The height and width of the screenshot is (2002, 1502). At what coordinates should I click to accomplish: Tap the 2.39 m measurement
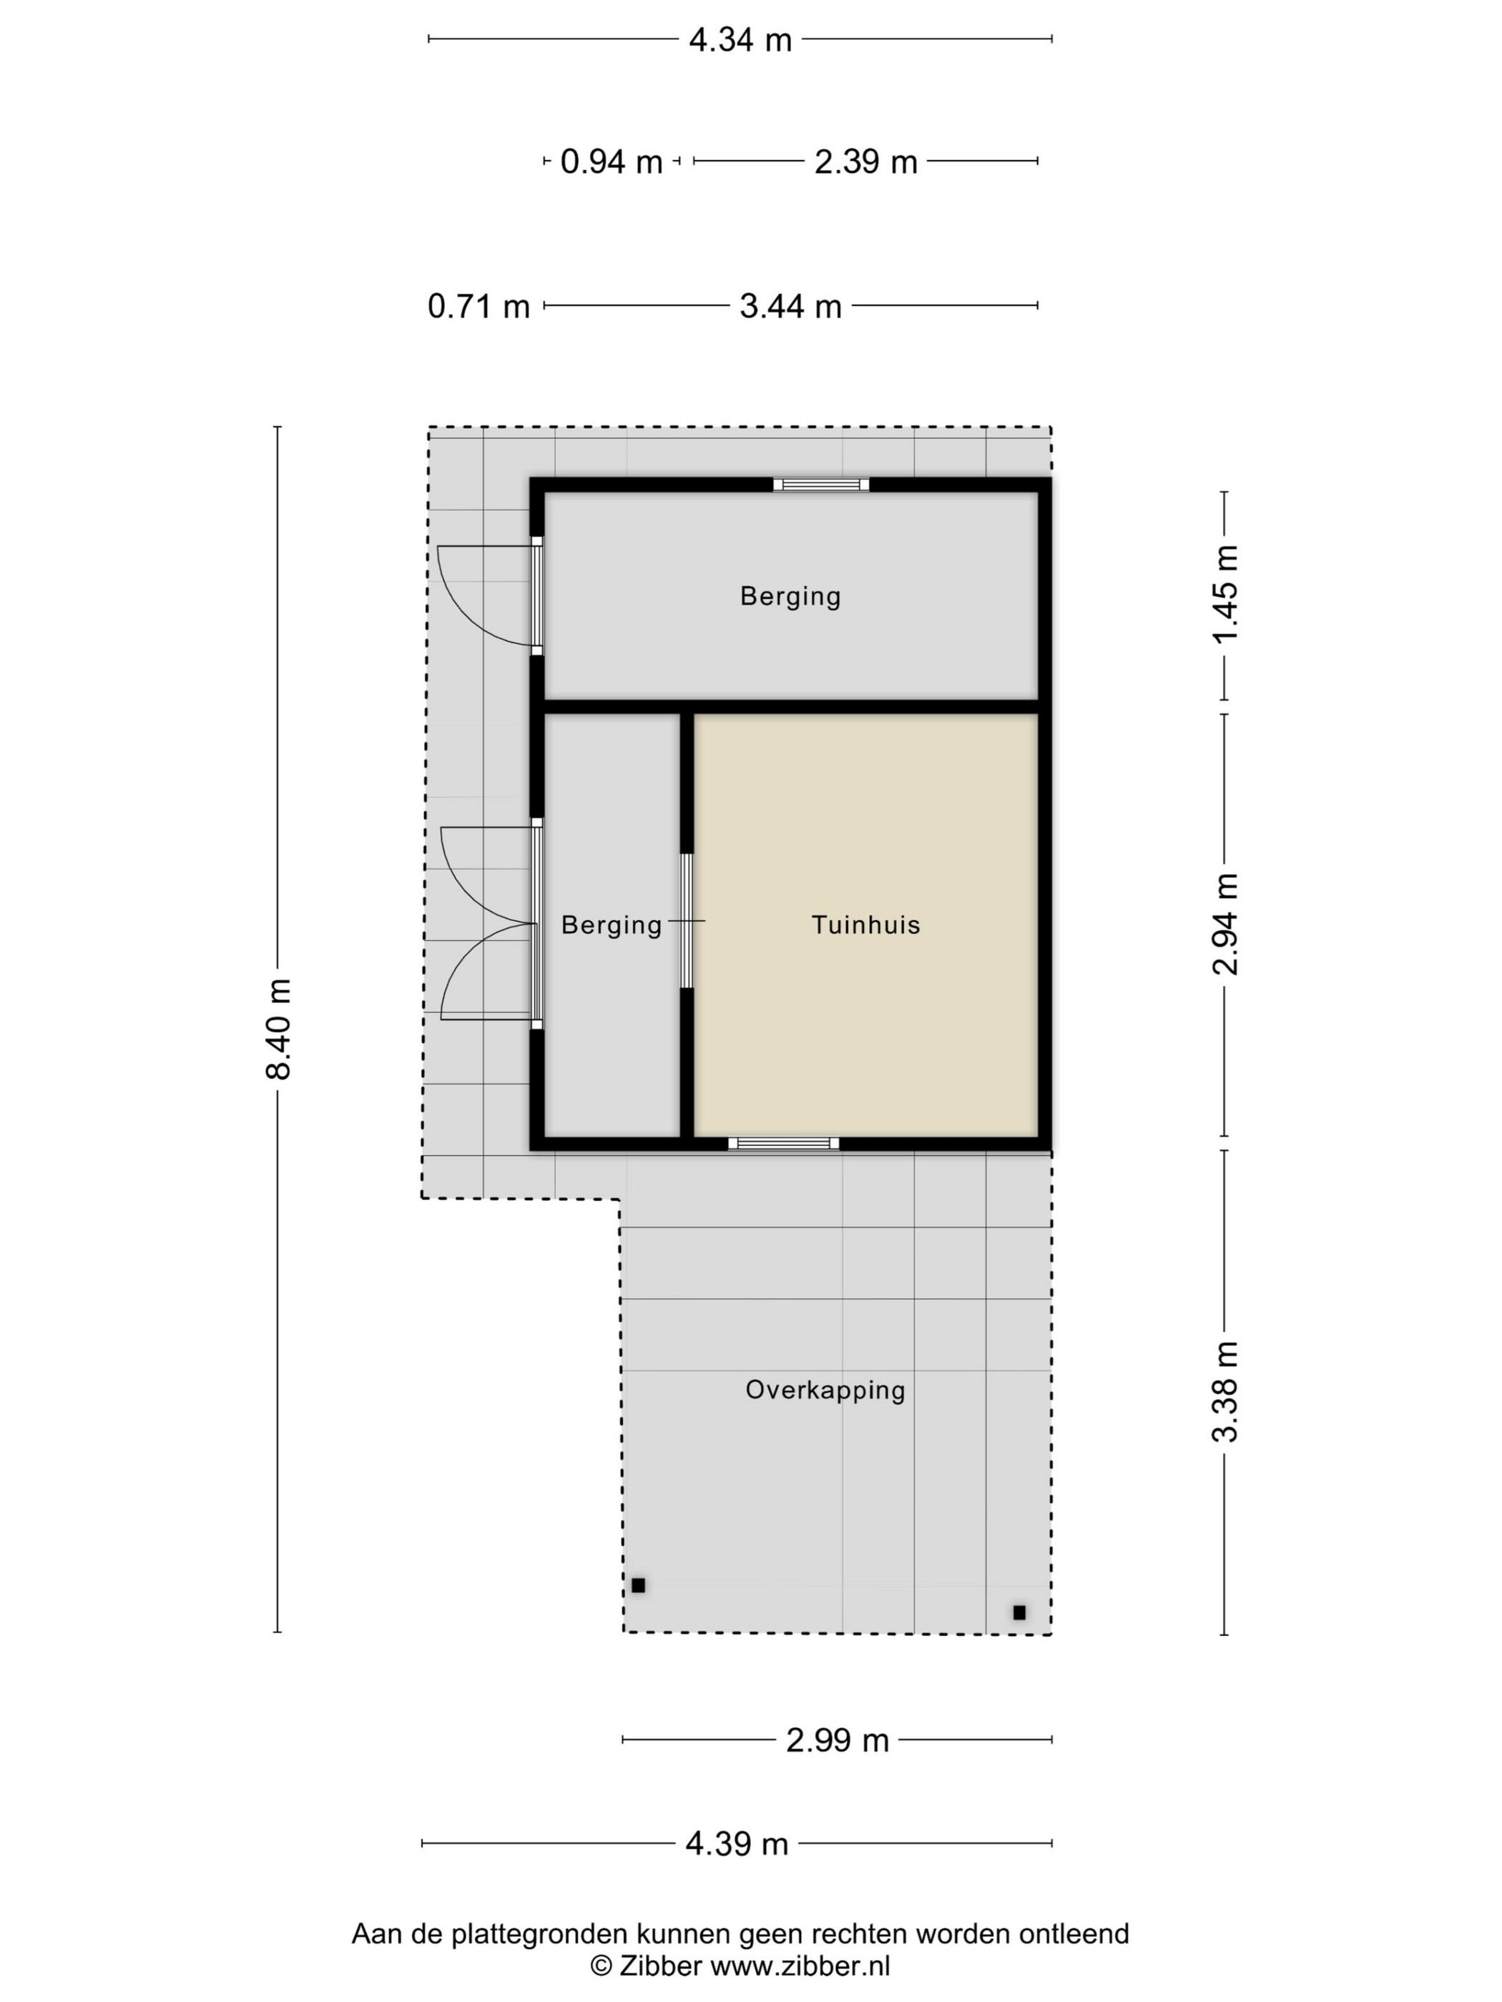[x=865, y=162]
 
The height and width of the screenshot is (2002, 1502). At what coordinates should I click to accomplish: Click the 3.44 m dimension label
[x=790, y=307]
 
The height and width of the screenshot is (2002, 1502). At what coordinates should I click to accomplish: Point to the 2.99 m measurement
[x=838, y=1740]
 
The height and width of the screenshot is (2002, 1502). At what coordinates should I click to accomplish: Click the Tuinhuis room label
[x=865, y=925]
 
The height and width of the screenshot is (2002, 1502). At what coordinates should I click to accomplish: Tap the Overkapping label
[x=825, y=1390]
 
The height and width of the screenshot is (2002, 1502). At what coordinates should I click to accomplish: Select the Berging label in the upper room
[x=790, y=596]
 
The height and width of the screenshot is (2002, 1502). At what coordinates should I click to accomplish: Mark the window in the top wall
[x=821, y=485]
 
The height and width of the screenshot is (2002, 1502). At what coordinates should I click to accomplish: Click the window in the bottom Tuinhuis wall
[x=783, y=1144]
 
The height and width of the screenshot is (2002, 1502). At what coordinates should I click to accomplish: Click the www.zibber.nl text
[x=800, y=1966]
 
